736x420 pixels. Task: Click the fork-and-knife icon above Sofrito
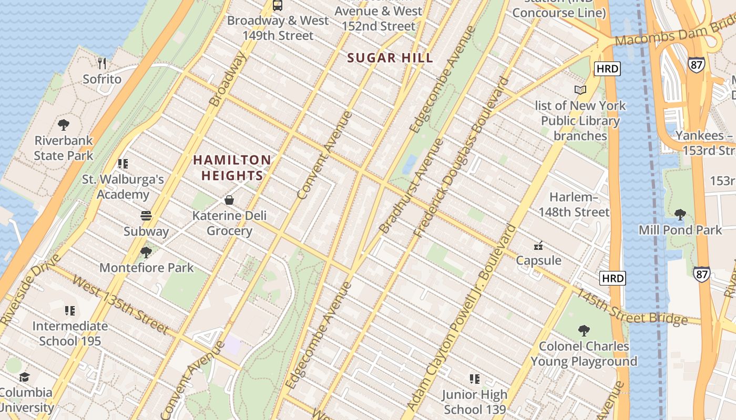[102, 64]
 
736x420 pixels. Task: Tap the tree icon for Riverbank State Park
[64, 125]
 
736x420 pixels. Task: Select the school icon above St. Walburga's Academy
[123, 164]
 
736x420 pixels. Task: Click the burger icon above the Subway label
[146, 216]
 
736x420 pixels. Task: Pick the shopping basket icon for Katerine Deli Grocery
[229, 200]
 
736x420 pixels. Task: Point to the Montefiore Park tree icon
[146, 253]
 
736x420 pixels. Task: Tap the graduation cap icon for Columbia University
[24, 377]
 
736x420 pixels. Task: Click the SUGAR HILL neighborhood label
[390, 58]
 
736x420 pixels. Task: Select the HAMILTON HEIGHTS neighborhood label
[232, 167]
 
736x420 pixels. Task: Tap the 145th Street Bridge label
[631, 307]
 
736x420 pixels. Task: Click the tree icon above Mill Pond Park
[680, 214]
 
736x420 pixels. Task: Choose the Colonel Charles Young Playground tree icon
[584, 331]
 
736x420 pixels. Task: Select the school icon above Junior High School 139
[475, 379]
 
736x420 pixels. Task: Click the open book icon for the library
[580, 90]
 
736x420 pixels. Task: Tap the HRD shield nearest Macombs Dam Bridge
[607, 68]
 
